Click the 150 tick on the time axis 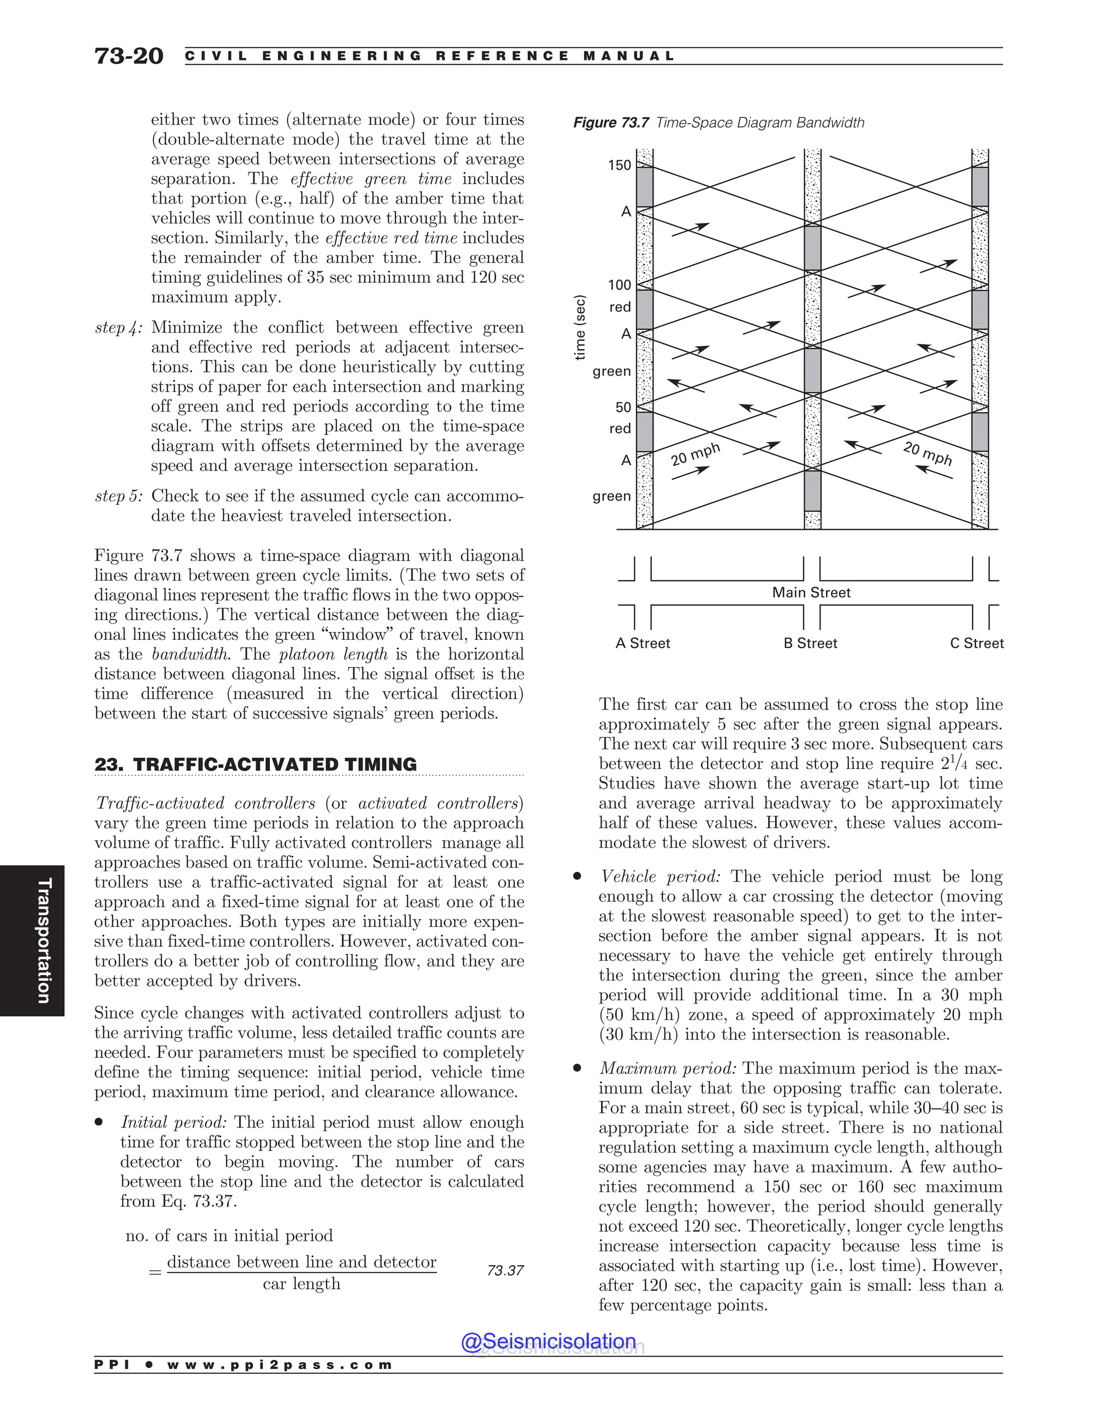(619, 165)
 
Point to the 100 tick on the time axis (619, 285)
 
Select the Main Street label (810, 592)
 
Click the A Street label (642, 643)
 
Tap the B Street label (810, 643)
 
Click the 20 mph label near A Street (695, 454)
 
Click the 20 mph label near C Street (927, 453)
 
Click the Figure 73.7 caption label (610, 123)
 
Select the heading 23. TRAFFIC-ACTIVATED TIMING (256, 764)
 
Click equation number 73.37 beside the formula (505, 1270)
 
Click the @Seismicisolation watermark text (548, 1341)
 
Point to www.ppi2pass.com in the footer (280, 1365)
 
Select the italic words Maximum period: (668, 1068)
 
